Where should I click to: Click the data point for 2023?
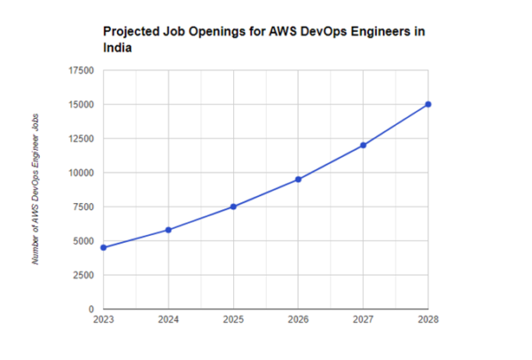pos(104,247)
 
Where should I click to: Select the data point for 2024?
pos(168,230)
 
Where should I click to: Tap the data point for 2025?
pos(233,207)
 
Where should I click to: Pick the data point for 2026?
pos(299,179)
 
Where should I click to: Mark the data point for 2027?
pos(364,145)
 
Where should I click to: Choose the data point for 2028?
pos(428,105)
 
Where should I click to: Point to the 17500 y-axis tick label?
pos(81,71)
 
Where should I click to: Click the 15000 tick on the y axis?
pos(81,105)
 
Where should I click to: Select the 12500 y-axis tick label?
pos(81,138)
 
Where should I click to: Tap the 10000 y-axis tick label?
pos(81,173)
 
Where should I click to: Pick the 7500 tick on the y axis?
pos(83,207)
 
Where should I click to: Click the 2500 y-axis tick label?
pos(83,275)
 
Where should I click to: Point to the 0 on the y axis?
pos(91,309)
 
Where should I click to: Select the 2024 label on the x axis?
pos(168,319)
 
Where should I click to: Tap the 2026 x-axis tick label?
pos(299,319)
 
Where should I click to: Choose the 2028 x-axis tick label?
pos(428,319)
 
